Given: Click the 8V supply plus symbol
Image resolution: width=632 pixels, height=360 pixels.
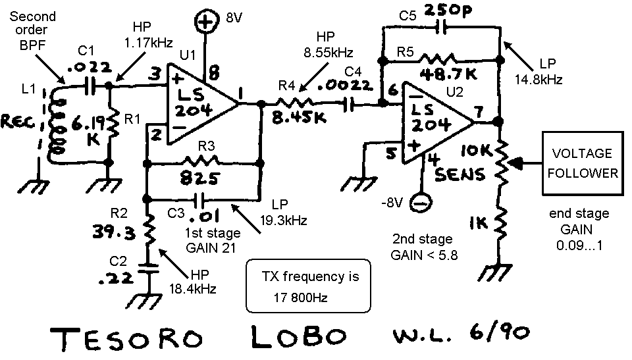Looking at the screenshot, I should pyautogui.click(x=207, y=24).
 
